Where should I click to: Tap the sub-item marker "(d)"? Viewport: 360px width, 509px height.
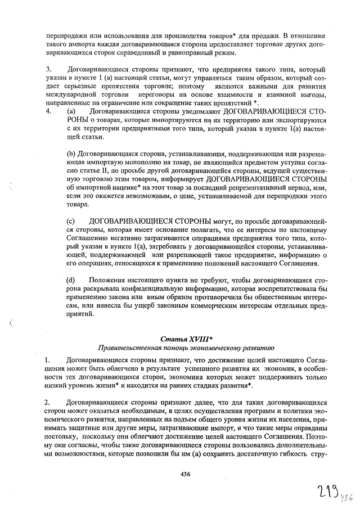tap(71, 279)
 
